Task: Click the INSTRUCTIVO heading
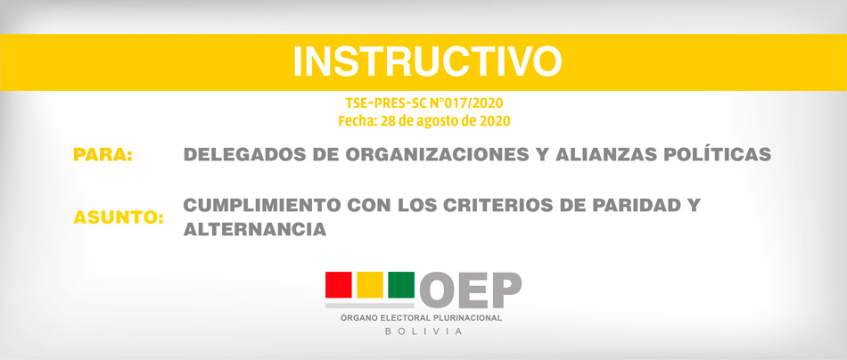tap(427, 61)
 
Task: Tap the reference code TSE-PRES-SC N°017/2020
tap(424, 102)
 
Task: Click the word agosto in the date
tap(438, 121)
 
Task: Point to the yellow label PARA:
tap(103, 154)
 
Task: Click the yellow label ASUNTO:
tap(119, 218)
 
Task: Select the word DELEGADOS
tap(245, 154)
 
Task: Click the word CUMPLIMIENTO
tap(262, 205)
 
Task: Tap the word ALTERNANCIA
tap(254, 230)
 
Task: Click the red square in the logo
tap(339, 285)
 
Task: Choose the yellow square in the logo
tap(370, 285)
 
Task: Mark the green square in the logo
tap(401, 285)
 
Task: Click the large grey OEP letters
tap(471, 290)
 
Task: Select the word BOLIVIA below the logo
tap(423, 331)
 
